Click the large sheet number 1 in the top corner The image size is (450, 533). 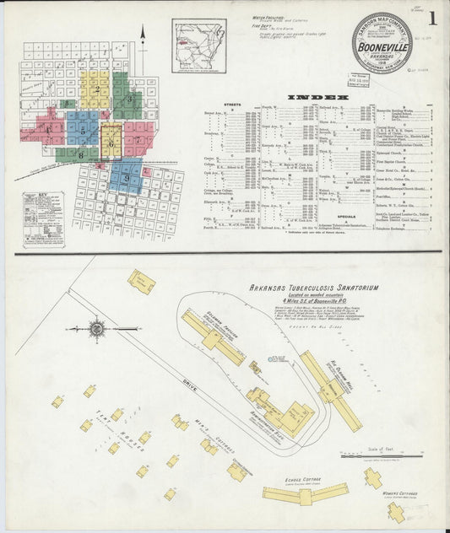(x=432, y=18)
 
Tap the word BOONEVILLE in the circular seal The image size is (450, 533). (x=383, y=48)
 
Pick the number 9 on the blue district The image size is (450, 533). (x=126, y=179)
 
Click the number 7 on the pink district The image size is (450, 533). (x=137, y=139)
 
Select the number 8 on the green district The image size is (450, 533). (x=80, y=155)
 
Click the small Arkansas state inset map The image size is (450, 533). (x=198, y=46)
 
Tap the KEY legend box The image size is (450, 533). (x=43, y=219)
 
